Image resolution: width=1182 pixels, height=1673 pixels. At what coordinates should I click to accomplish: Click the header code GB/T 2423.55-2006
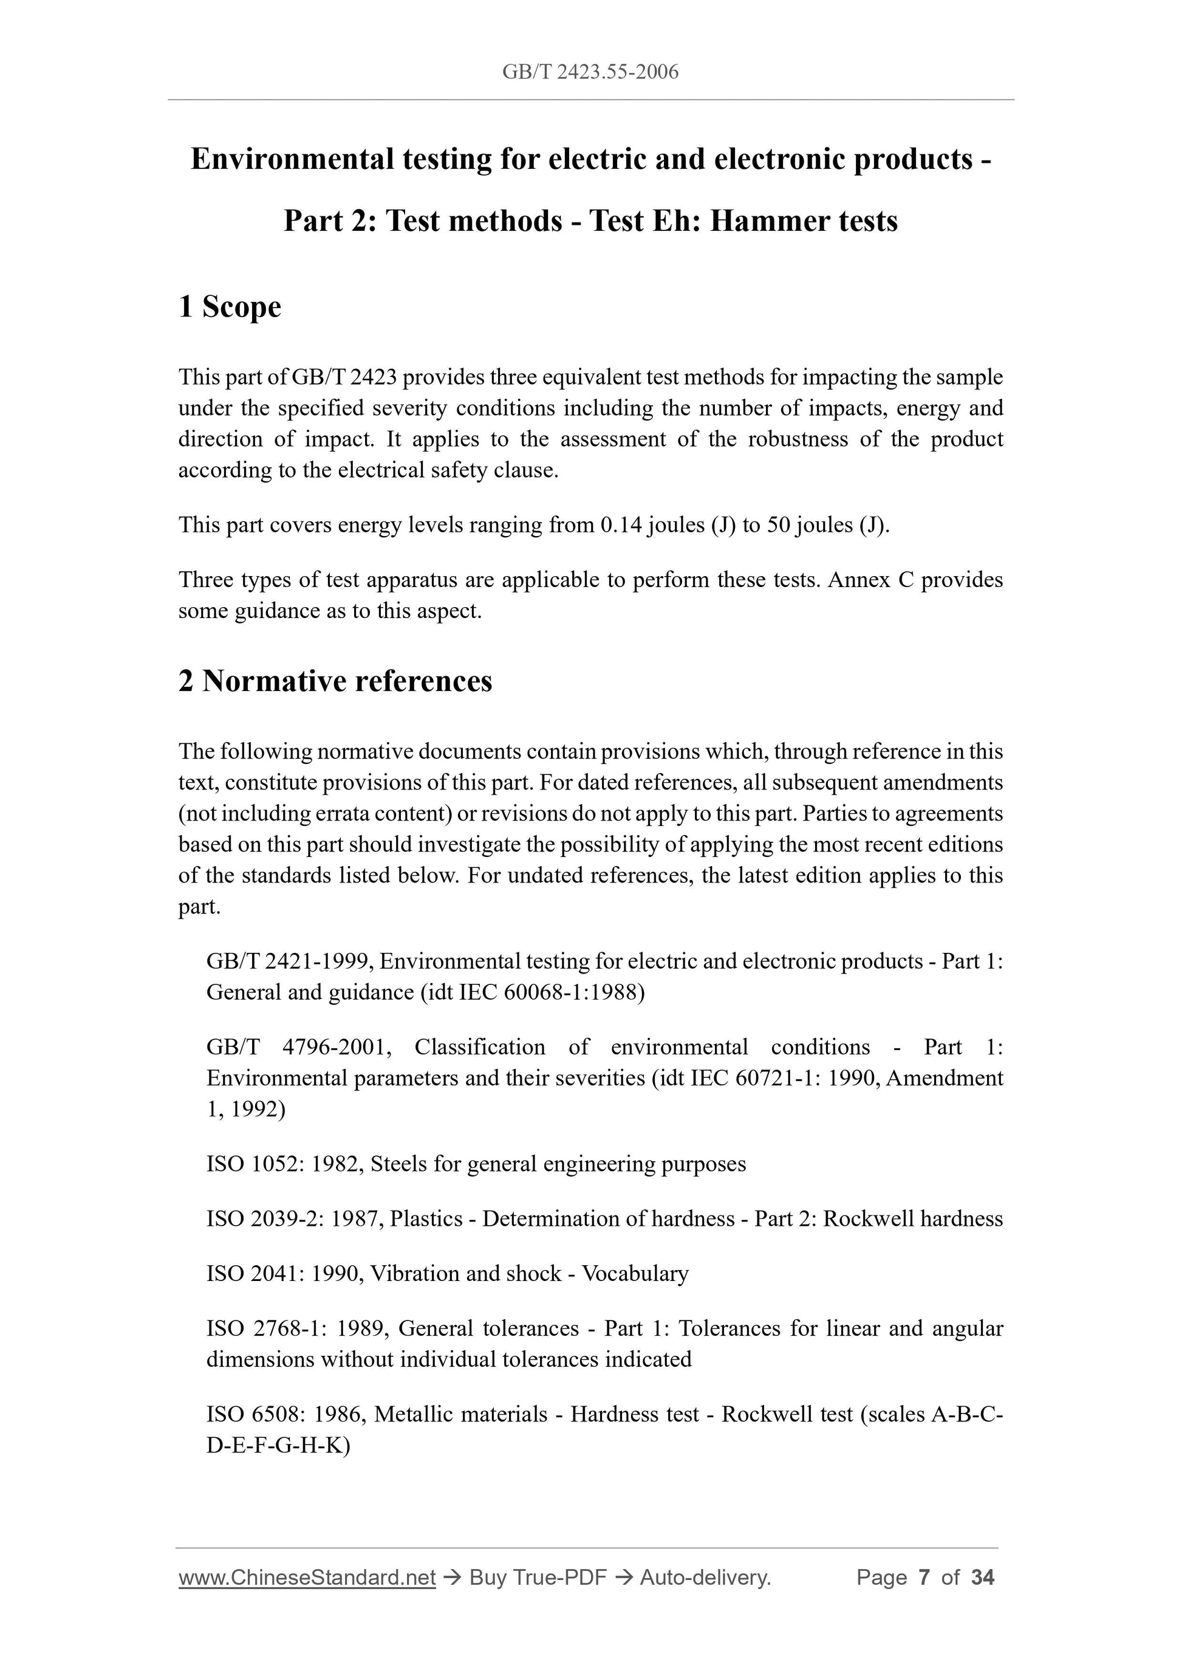tap(590, 72)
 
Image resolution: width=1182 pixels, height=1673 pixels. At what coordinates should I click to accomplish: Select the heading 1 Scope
tap(230, 307)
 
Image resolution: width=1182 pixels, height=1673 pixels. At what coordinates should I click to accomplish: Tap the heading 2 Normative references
tap(335, 681)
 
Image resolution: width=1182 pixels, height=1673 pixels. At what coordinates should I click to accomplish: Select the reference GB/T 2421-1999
tap(289, 962)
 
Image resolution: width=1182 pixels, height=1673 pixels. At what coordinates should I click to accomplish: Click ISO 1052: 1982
tap(284, 1164)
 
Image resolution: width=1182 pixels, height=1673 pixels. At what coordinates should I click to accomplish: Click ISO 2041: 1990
tap(284, 1274)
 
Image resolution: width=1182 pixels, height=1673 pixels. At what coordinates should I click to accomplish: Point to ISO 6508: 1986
tap(286, 1414)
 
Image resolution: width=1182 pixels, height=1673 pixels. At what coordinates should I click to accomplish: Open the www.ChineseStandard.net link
tap(307, 1578)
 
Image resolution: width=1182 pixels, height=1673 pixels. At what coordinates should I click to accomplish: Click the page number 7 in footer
tap(924, 1578)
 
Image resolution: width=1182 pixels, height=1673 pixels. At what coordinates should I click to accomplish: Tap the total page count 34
tap(982, 1578)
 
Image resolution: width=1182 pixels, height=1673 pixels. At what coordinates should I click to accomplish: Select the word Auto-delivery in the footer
tap(705, 1578)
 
